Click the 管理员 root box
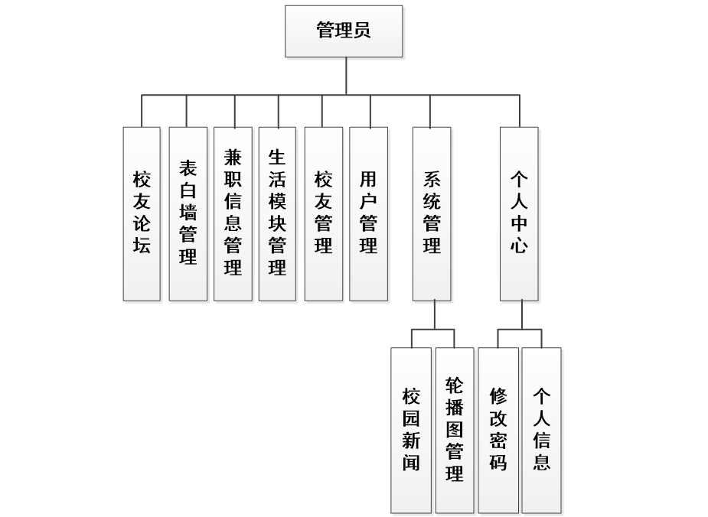[x=344, y=31]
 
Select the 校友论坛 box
[x=142, y=213]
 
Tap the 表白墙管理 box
[x=188, y=213]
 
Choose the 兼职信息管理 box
[x=233, y=213]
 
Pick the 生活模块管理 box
[x=277, y=213]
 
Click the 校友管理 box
[x=323, y=213]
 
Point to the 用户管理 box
[x=368, y=213]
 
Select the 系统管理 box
[x=432, y=213]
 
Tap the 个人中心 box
[x=519, y=213]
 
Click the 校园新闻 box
[x=411, y=429]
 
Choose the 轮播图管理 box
[x=455, y=429]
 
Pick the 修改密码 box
[x=498, y=429]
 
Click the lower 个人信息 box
[x=541, y=429]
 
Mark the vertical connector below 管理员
[x=346, y=76]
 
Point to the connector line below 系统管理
[x=434, y=314]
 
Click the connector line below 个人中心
[x=522, y=314]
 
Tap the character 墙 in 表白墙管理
[x=188, y=211]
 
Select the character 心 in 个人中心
[x=519, y=246]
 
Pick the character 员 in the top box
[x=362, y=31]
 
